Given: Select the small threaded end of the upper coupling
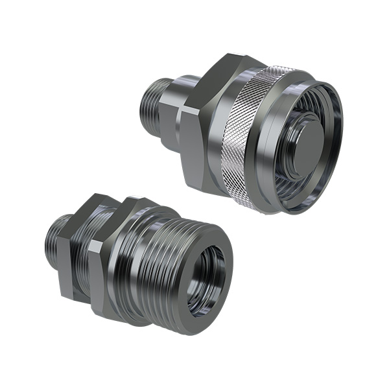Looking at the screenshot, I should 153,107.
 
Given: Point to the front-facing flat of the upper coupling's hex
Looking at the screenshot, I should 194,149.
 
